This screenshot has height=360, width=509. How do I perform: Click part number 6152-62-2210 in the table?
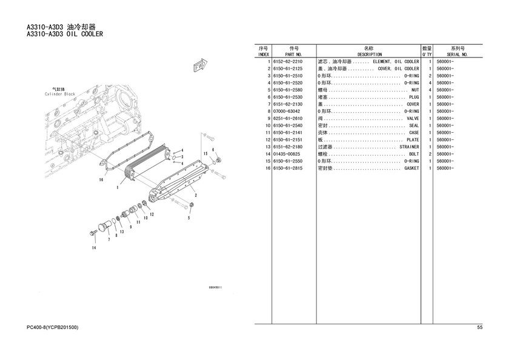click(x=287, y=61)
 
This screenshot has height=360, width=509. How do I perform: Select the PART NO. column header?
click(x=294, y=54)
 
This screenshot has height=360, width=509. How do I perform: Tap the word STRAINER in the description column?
click(x=409, y=147)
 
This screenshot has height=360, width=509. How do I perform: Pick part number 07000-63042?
click(x=287, y=112)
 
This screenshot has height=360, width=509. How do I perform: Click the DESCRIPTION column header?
click(x=369, y=54)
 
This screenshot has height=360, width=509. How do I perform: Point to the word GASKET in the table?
click(x=411, y=168)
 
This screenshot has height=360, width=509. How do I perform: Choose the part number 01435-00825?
click(x=287, y=154)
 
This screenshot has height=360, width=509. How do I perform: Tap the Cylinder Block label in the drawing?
click(x=59, y=95)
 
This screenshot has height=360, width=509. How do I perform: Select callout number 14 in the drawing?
click(x=94, y=247)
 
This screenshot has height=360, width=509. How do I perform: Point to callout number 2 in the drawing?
click(x=195, y=195)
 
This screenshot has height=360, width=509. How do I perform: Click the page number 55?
click(x=479, y=328)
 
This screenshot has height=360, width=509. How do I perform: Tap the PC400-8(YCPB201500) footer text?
click(x=53, y=328)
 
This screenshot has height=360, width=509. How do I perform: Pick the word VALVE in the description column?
click(x=413, y=119)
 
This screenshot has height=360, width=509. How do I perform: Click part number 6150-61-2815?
click(x=287, y=168)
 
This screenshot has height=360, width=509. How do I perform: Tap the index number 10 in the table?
click(x=266, y=125)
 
